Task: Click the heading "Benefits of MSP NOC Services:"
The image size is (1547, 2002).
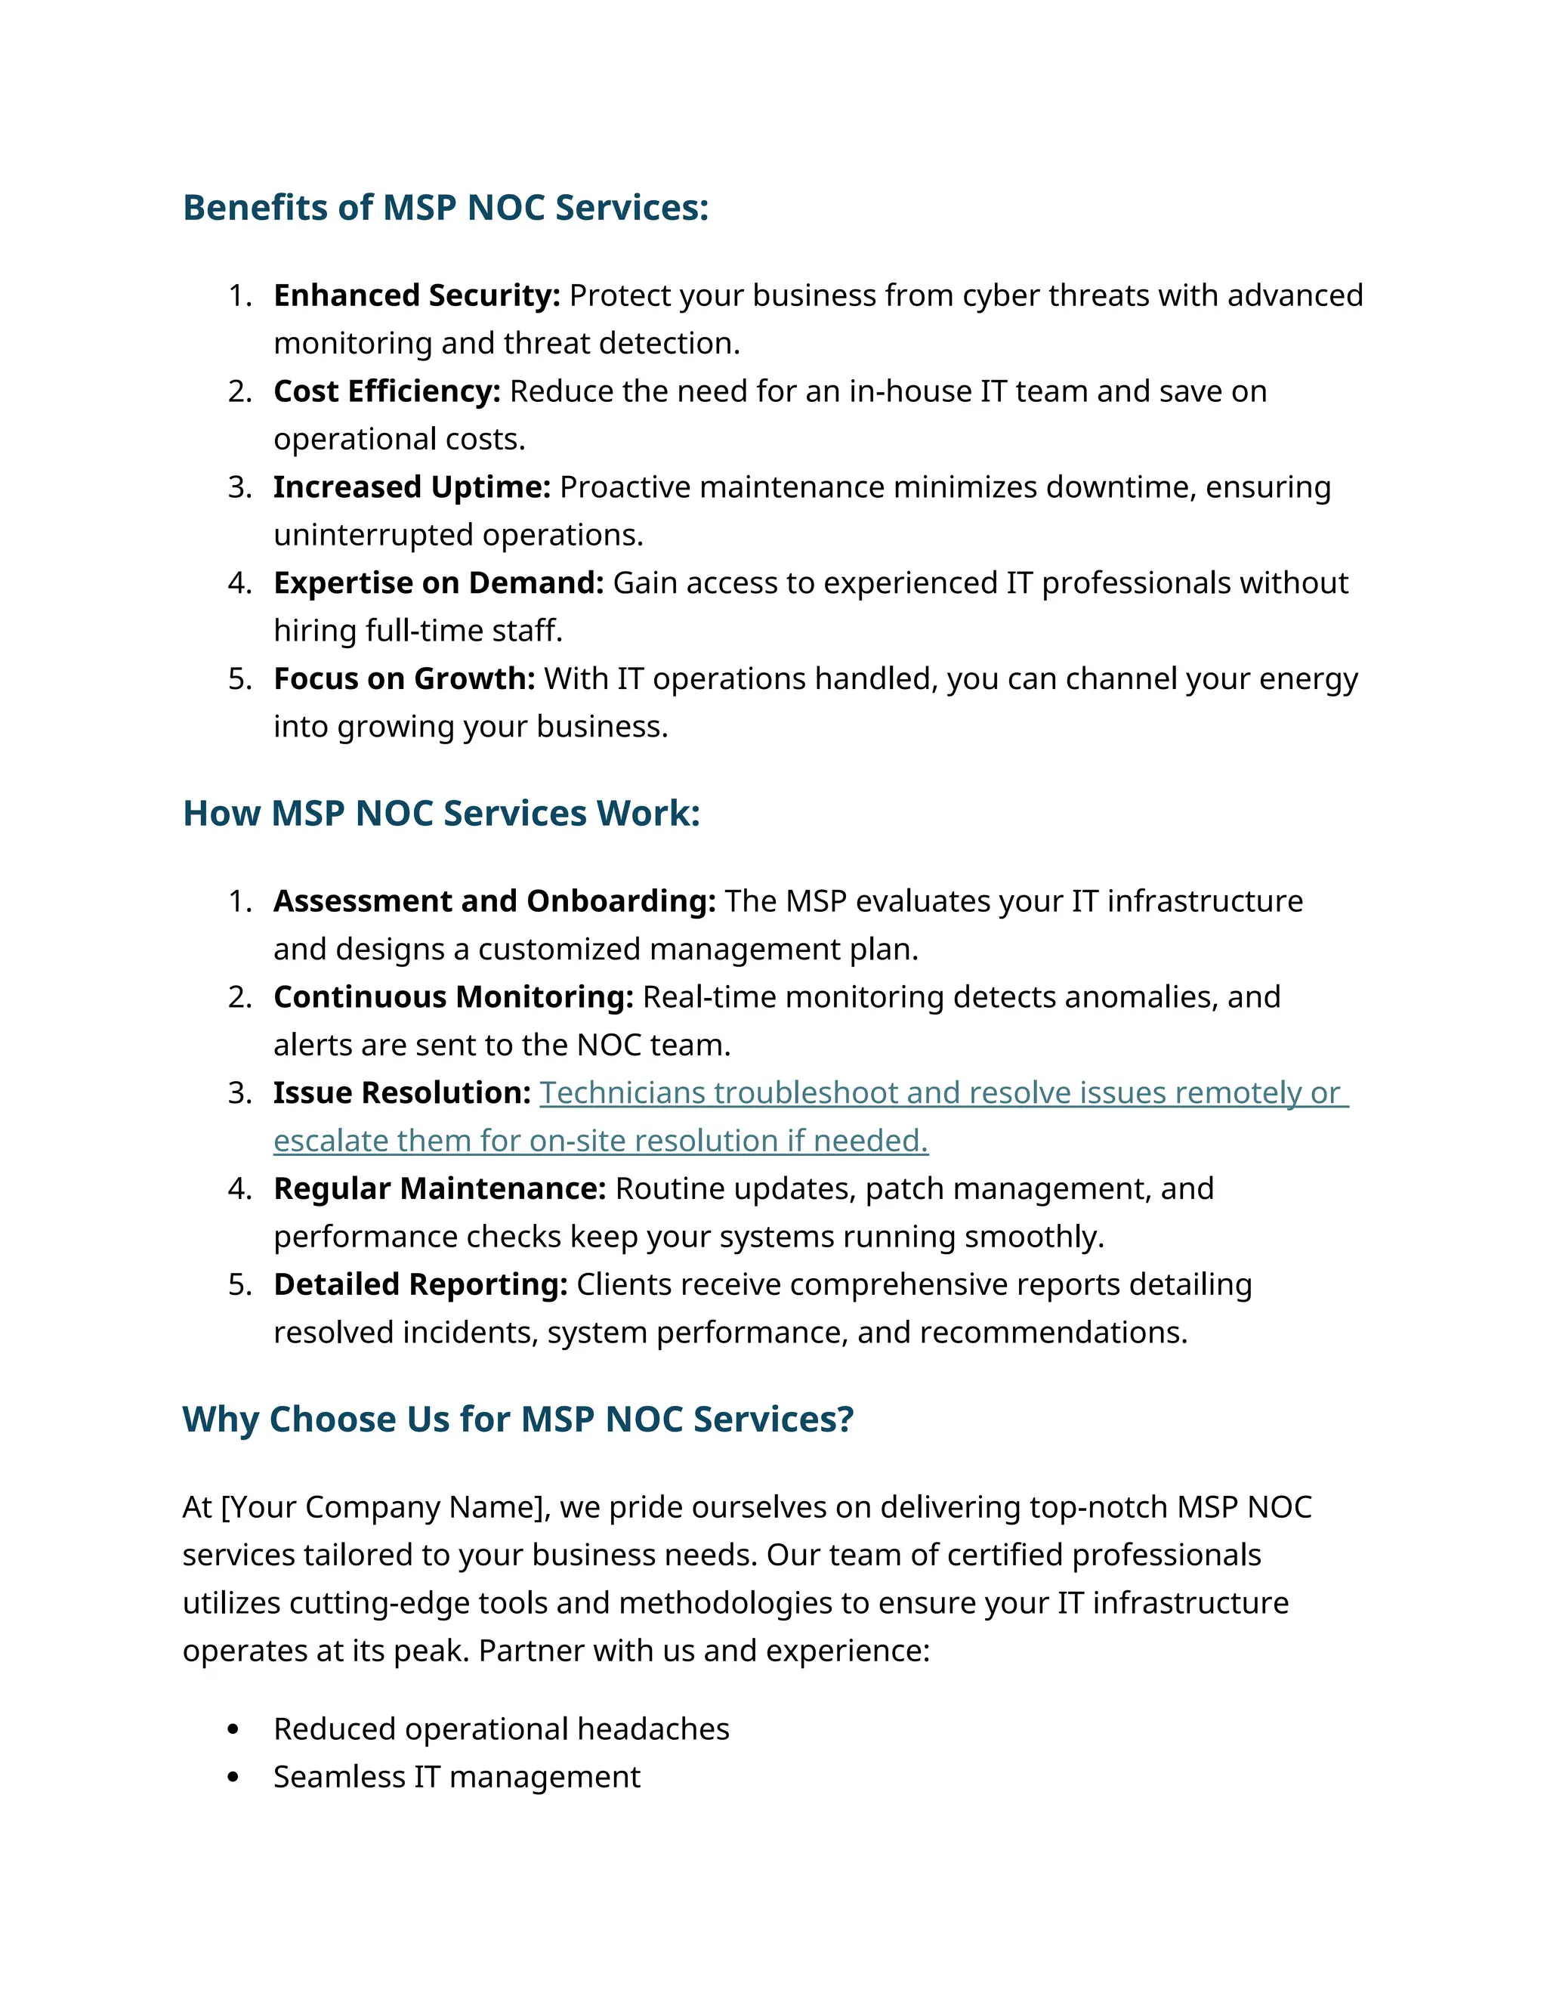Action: pyautogui.click(x=446, y=208)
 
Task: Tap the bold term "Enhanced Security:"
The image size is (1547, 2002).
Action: pyautogui.click(x=416, y=295)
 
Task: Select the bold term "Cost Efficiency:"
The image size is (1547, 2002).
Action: pyautogui.click(x=387, y=391)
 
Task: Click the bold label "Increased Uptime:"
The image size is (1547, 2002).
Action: pyautogui.click(x=412, y=487)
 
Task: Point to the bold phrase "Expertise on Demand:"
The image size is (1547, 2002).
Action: pyautogui.click(x=438, y=583)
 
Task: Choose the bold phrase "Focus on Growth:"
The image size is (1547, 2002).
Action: pyautogui.click(x=404, y=678)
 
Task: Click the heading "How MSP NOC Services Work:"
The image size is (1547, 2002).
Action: pyautogui.click(x=441, y=814)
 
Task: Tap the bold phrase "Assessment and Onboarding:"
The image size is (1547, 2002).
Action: pyautogui.click(x=494, y=901)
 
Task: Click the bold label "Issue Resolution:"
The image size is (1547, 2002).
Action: pyautogui.click(x=401, y=1092)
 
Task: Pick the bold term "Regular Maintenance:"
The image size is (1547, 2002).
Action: pyautogui.click(x=439, y=1189)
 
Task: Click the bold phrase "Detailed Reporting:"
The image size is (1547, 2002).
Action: pyautogui.click(x=421, y=1284)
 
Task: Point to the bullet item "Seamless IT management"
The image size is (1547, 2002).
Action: pyautogui.click(x=456, y=1777)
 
